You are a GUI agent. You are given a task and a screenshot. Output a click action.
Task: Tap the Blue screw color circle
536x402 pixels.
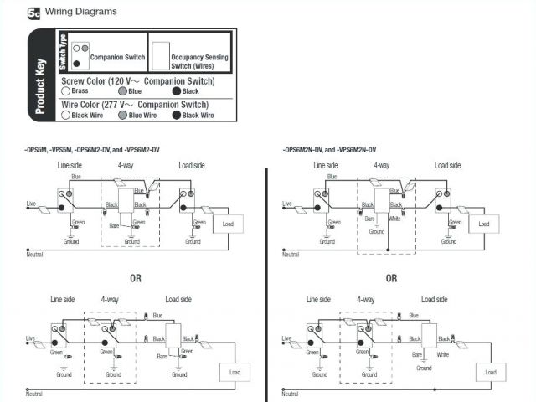(123, 90)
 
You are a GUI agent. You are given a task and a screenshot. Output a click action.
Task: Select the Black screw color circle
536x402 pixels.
(176, 90)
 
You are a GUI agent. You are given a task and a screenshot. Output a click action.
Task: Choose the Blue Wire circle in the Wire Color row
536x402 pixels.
(123, 115)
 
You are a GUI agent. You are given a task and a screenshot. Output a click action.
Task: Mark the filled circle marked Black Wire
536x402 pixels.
(176, 115)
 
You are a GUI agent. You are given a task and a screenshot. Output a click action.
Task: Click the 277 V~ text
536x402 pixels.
(120, 105)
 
